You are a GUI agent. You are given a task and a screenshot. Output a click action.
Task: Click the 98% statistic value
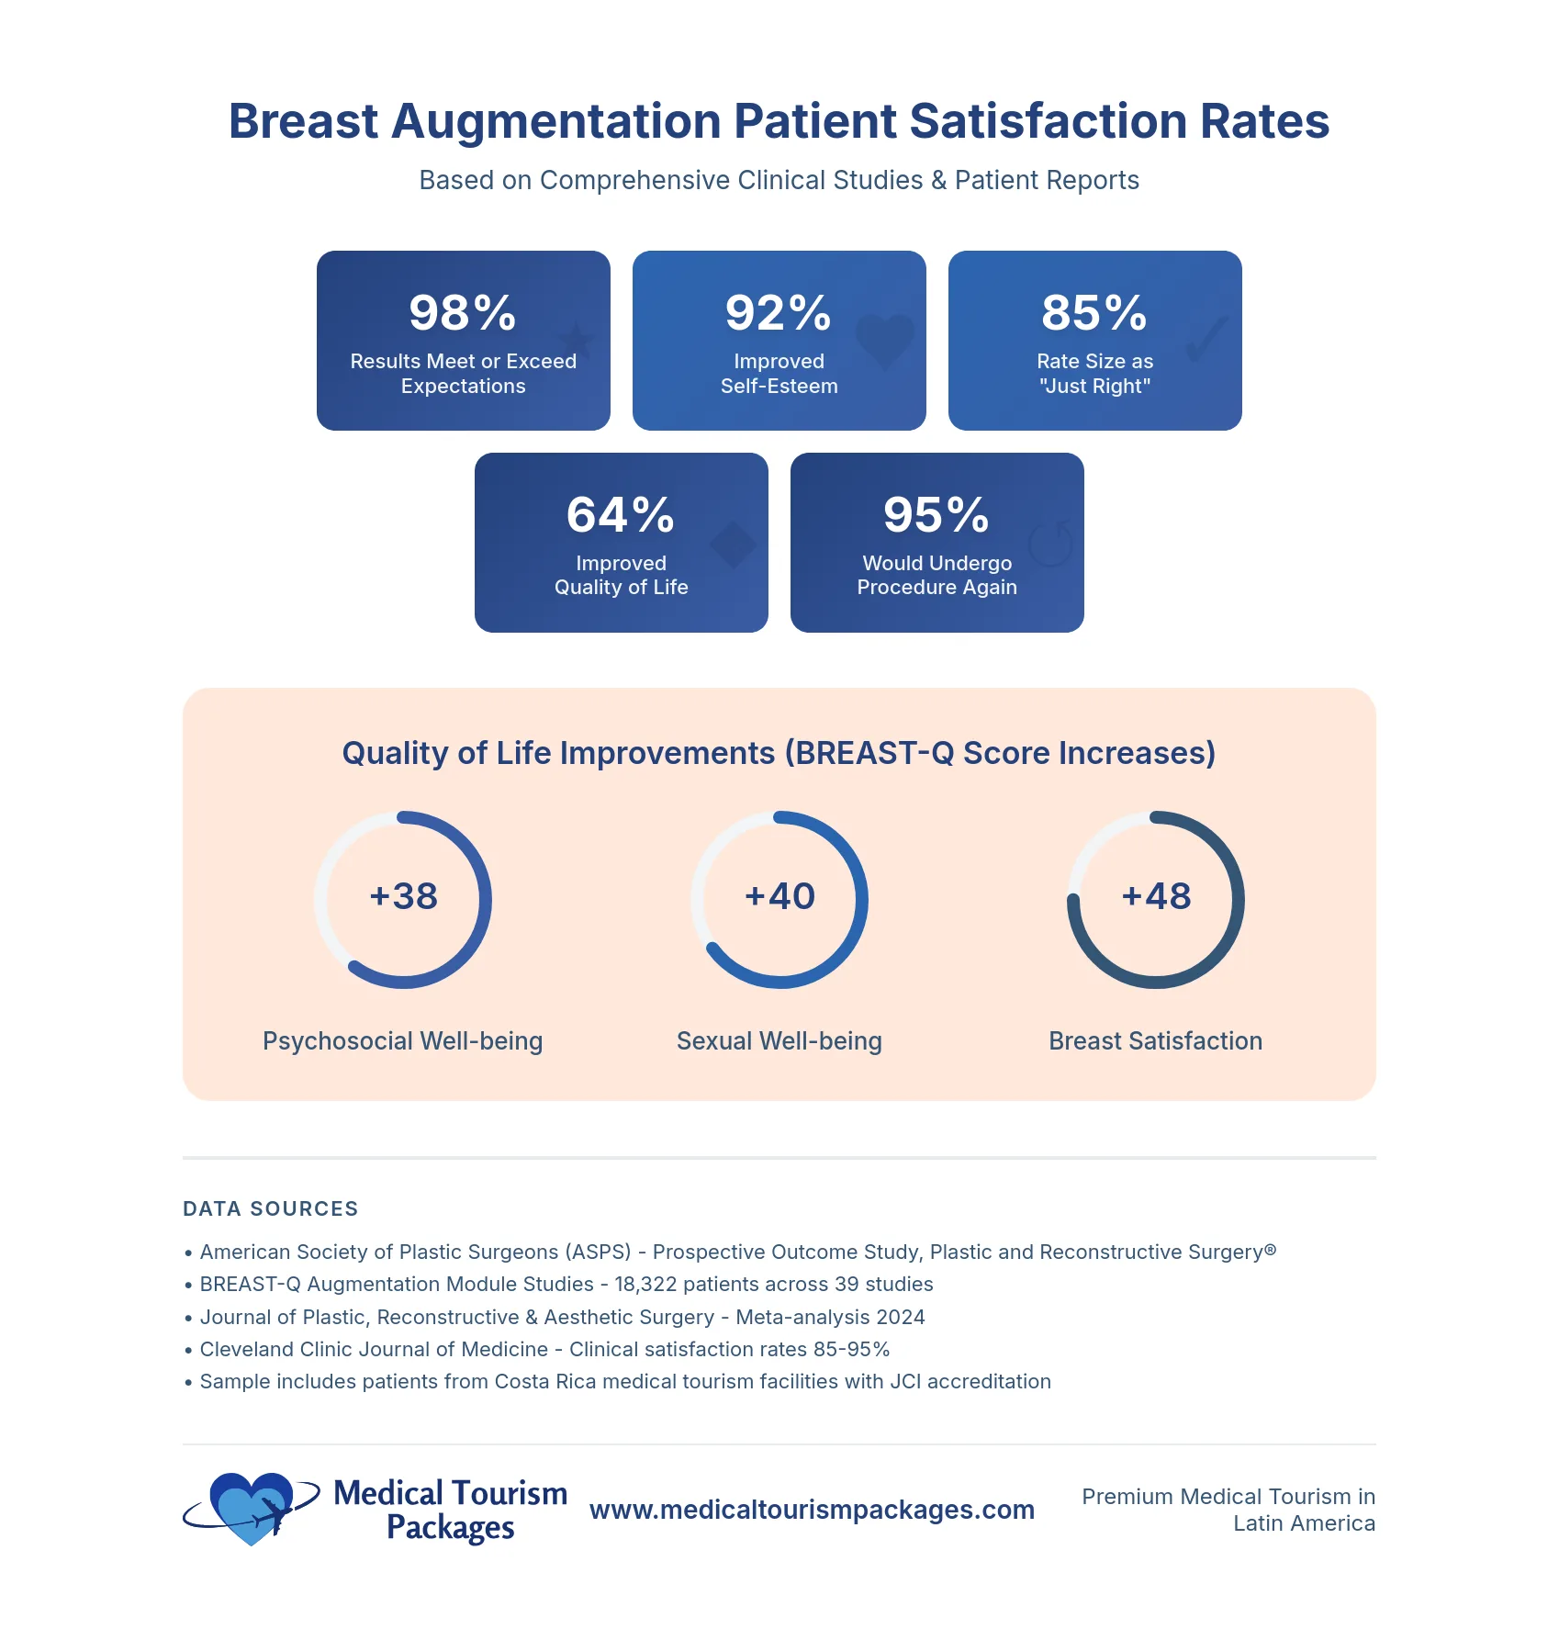pos(463,313)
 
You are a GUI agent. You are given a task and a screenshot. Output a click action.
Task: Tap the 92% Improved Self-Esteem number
pos(779,313)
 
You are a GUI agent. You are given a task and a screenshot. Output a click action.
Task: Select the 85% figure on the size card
pos(1094,313)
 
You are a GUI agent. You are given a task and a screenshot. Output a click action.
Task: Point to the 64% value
pos(621,515)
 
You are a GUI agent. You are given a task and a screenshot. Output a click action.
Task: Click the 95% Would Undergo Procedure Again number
pos(937,515)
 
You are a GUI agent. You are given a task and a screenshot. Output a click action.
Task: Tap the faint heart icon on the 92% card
pos(885,341)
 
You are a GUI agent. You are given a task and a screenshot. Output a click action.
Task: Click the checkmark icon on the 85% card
pos(1206,340)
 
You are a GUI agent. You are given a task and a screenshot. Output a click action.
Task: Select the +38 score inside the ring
pos(404,896)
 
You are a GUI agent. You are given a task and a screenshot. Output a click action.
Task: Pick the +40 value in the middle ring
pos(779,896)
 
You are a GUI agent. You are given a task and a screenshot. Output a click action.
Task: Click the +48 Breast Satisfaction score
pos(1156,896)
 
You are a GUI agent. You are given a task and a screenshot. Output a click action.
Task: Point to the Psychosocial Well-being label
pos(402,1041)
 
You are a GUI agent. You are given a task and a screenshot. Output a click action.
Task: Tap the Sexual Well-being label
pos(779,1041)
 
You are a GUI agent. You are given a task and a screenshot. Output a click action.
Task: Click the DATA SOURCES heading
pos(271,1208)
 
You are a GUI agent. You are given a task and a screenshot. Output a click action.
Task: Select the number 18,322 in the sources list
pos(645,1285)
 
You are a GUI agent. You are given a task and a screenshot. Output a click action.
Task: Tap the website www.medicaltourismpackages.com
pos(812,1510)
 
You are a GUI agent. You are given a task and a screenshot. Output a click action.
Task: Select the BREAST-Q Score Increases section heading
pos(779,753)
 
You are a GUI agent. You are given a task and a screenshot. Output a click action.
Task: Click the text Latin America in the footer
pos(1304,1524)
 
